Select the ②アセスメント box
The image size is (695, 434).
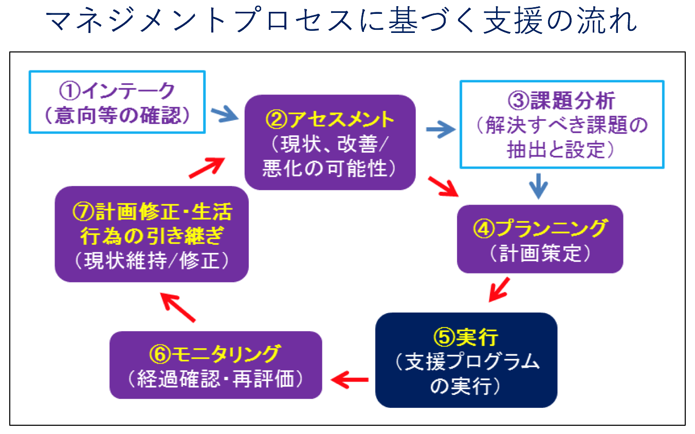(x=330, y=142)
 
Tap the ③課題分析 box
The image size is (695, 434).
(x=562, y=124)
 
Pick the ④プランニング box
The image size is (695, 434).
(x=540, y=238)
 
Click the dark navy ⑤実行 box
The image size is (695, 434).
(x=466, y=359)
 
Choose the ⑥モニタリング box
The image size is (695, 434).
(x=216, y=365)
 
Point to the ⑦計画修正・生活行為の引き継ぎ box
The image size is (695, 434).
(x=152, y=233)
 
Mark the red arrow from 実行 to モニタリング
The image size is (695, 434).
(x=350, y=380)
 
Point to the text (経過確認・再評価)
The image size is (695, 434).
(x=216, y=379)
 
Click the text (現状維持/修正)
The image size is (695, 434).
(x=152, y=262)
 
